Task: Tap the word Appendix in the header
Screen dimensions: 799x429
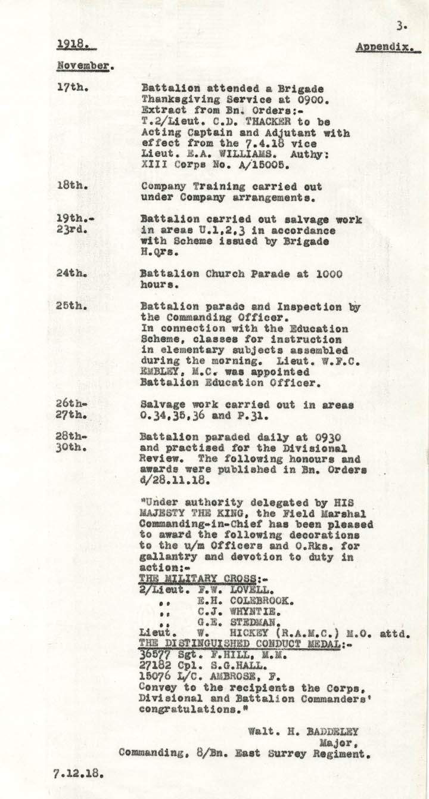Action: pos(384,47)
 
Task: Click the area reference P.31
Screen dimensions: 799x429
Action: pos(264,415)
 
